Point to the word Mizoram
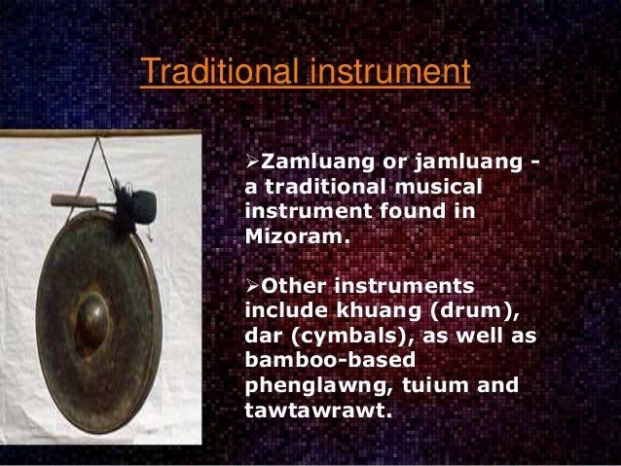[x=286, y=235]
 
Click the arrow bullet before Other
[x=246, y=286]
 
